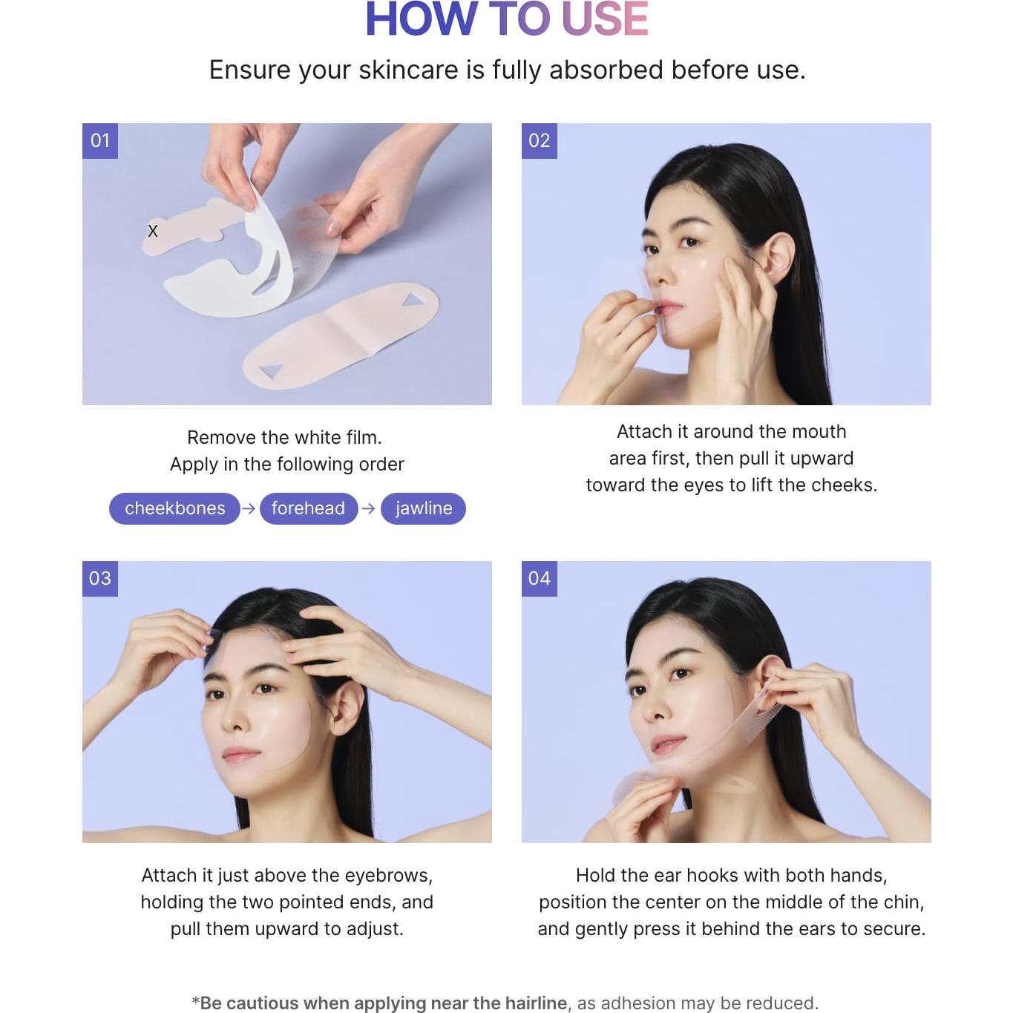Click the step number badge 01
pos(100,140)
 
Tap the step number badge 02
pos(540,140)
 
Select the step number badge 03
pos(100,578)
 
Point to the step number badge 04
pos(540,578)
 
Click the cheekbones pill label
pos(174,508)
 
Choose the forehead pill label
pos(308,508)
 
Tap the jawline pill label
pos(423,508)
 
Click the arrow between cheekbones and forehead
pos(249,508)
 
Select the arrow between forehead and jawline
pos(369,508)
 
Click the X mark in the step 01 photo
pos(153,231)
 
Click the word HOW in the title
pos(421,19)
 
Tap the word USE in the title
pos(605,19)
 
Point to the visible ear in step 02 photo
pos(778,258)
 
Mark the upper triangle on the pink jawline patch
pos(413,299)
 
